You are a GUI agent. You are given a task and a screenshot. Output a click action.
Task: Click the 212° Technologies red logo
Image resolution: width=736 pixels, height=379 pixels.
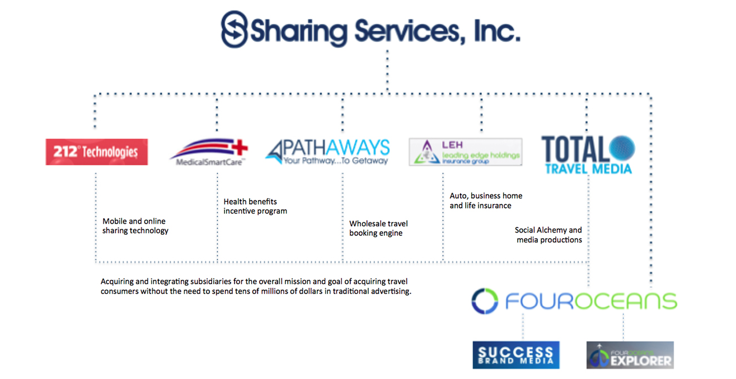click(x=96, y=151)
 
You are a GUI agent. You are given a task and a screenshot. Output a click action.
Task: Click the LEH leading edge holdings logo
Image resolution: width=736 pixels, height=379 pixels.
click(x=466, y=151)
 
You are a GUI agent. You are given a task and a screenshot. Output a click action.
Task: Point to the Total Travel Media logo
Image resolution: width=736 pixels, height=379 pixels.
click(x=588, y=154)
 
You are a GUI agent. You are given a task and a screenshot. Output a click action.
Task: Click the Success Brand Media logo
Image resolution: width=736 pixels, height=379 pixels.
click(x=515, y=355)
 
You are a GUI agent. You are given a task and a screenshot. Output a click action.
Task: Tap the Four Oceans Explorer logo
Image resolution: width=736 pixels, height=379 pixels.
click(x=630, y=355)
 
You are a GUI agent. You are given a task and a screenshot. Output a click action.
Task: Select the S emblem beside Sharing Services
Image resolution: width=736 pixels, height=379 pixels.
click(x=233, y=30)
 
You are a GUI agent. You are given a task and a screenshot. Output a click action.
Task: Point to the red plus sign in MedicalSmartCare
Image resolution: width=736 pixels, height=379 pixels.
click(x=240, y=148)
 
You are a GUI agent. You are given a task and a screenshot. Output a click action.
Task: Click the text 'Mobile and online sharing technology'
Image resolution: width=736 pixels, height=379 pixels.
click(x=135, y=226)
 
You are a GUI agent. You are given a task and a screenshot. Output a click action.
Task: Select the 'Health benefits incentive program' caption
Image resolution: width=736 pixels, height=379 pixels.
click(x=255, y=206)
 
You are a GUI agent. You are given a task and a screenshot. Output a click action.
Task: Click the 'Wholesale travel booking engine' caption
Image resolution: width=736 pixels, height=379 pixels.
click(x=379, y=228)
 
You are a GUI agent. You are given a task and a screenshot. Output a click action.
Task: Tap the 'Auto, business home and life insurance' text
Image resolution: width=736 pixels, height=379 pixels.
click(x=486, y=201)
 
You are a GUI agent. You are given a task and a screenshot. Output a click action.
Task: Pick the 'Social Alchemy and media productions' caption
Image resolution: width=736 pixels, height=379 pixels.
click(x=549, y=235)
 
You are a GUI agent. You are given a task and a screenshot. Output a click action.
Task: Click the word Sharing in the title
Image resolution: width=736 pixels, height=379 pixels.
click(x=298, y=32)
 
